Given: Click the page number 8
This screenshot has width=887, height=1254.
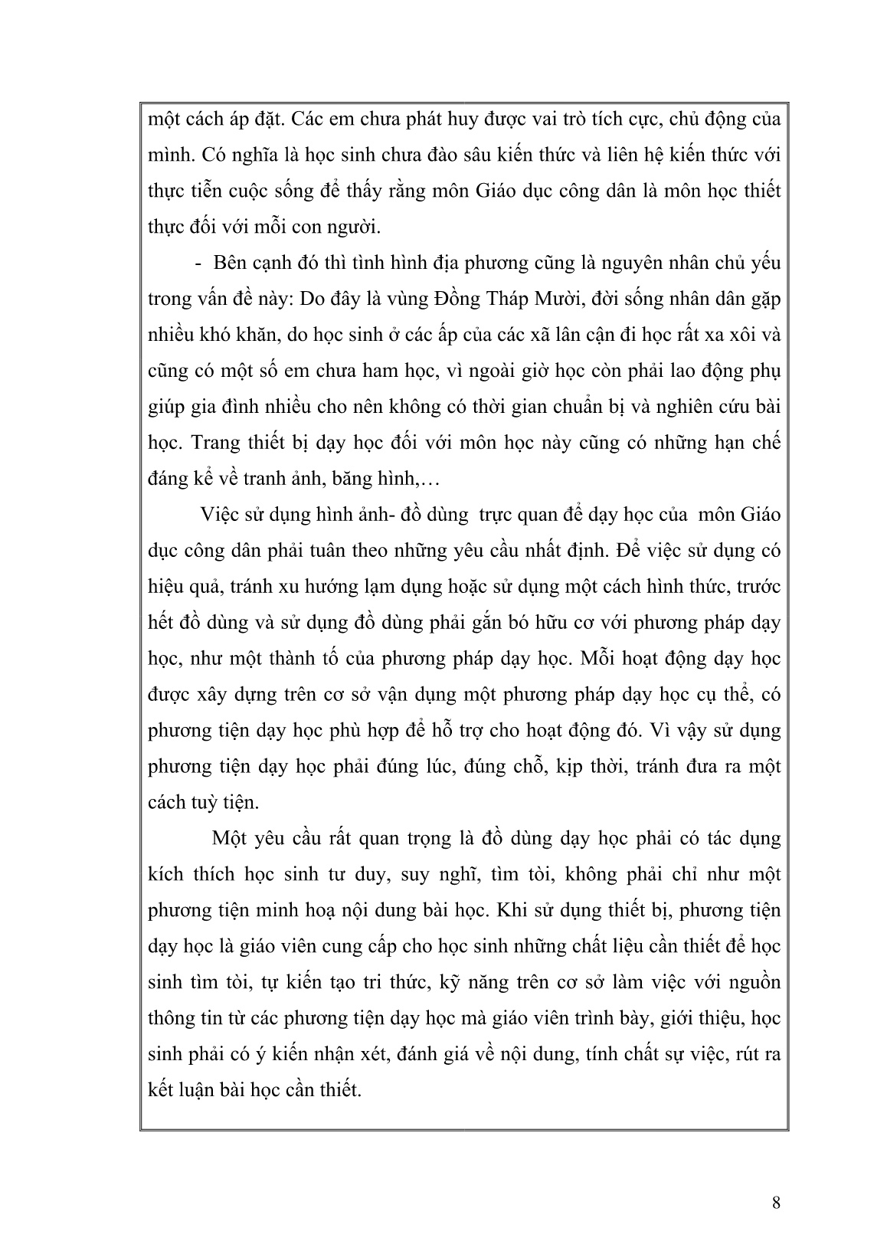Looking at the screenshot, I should coord(777,1201).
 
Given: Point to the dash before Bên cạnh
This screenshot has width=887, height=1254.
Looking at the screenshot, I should coord(198,263).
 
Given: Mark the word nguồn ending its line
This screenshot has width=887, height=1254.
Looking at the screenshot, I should coord(754,983).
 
